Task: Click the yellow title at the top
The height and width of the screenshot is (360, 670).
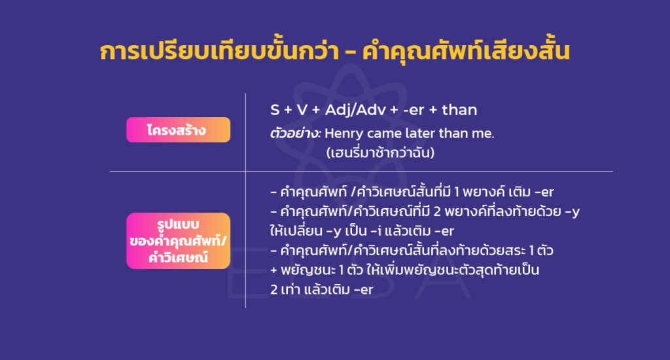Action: click(334, 52)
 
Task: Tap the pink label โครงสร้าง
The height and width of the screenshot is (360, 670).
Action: click(178, 130)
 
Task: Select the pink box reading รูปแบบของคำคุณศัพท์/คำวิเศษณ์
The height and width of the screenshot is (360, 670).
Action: click(178, 240)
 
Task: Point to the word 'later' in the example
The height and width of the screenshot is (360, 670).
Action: click(429, 134)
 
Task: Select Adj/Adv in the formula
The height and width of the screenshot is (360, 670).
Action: click(353, 109)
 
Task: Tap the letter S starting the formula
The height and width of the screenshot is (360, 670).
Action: click(275, 109)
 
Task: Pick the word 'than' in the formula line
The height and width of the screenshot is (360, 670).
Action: click(459, 109)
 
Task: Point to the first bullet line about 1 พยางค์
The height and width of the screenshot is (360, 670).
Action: click(412, 192)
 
